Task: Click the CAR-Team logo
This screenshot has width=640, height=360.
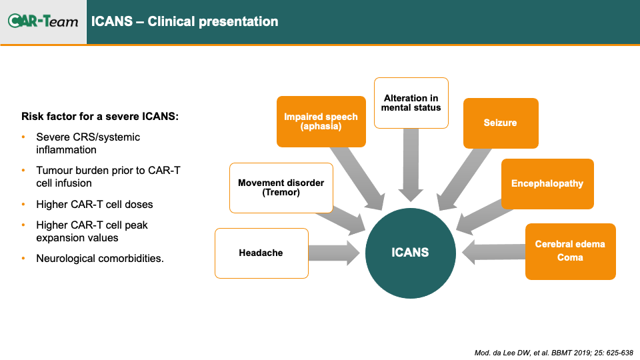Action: pos(43,21)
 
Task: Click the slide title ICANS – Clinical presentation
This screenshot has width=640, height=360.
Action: pos(185,21)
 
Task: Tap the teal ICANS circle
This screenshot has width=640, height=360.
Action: pos(410,253)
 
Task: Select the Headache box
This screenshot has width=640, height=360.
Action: pos(261,253)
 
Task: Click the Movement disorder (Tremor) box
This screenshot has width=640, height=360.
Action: pos(281,188)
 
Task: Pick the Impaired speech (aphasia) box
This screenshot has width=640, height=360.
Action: pos(321,121)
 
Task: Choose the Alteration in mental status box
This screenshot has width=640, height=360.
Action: pos(411,103)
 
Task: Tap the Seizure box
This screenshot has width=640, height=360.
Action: pos(501,123)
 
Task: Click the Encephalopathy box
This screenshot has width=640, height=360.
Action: pos(547,184)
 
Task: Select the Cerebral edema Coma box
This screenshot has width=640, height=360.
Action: pos(570,251)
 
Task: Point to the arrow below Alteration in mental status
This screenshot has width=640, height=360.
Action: pos(411,165)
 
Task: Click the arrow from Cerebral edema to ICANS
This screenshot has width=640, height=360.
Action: pos(493,252)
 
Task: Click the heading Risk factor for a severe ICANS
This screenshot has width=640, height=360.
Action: pos(100,116)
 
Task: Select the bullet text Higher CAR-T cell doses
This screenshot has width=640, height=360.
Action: pos(94,204)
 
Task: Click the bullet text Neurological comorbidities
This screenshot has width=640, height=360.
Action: pos(100,259)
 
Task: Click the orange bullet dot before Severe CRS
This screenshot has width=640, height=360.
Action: pos(23,137)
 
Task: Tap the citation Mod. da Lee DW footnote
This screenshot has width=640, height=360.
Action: pos(554,353)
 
